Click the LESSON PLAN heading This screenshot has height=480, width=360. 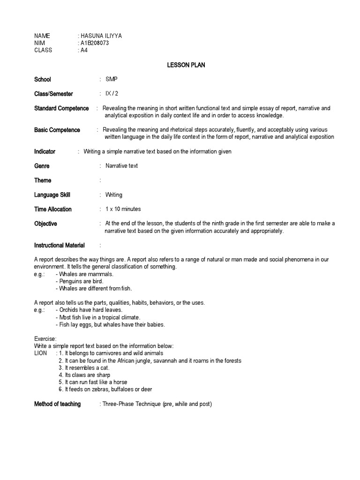tap(186, 65)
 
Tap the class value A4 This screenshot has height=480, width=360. tap(84, 50)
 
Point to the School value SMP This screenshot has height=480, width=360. tap(112, 79)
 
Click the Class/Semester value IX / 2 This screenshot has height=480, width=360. tap(112, 94)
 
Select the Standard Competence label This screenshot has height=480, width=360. tap(61, 108)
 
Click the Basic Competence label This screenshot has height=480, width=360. tap(57, 130)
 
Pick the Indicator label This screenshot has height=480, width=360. tap(45, 151)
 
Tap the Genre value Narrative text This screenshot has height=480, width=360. tap(121, 166)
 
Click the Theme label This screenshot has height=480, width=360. tap(43, 180)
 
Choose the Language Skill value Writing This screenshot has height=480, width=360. tap(113, 195)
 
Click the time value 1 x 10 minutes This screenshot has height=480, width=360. tap(123, 209)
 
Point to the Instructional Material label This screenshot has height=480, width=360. tap(60, 245)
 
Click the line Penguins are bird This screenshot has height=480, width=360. tap(80, 281)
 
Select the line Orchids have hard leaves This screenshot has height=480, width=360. tap(89, 310)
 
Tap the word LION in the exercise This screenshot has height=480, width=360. tap(40, 353)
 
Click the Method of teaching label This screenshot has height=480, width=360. tap(57, 404)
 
